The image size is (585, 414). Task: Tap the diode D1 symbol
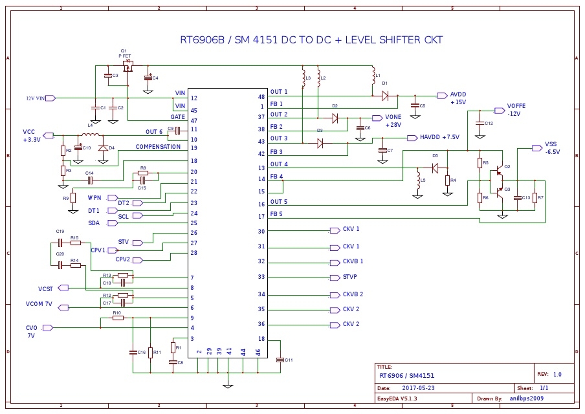385,96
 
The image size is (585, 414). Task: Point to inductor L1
373,77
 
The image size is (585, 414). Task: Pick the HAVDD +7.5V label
439,138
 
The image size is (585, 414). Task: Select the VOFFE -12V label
516,109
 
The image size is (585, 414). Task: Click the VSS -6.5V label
551,147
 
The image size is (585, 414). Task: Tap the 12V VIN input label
36,98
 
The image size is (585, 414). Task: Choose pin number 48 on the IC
261,96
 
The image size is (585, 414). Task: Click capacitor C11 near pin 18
280,360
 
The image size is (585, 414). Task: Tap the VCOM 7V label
39,303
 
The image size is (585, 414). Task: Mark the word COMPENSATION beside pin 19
158,147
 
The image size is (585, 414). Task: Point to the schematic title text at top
311,40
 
